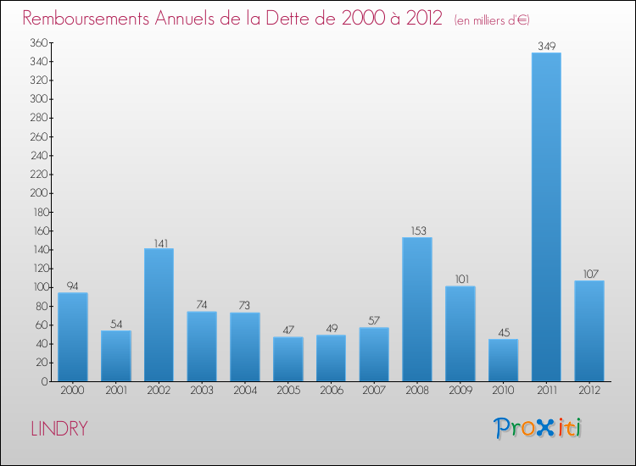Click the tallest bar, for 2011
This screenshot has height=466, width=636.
pyautogui.click(x=546, y=217)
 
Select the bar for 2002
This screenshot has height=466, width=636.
pyautogui.click(x=159, y=314)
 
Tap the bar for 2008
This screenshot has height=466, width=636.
pyautogui.click(x=416, y=309)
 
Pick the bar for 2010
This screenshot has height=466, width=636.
pyautogui.click(x=503, y=360)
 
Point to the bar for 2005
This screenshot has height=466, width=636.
pyautogui.click(x=287, y=359)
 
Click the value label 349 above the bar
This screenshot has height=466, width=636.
pyautogui.click(x=546, y=46)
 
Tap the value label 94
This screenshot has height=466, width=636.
pyautogui.click(x=73, y=286)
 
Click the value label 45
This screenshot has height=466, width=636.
pyautogui.click(x=503, y=332)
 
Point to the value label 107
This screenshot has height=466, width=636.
pyautogui.click(x=589, y=274)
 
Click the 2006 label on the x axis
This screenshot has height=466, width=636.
pyautogui.click(x=331, y=391)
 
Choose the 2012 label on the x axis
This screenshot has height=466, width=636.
pyautogui.click(x=589, y=391)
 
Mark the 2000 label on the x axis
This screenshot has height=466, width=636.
pyautogui.click(x=73, y=391)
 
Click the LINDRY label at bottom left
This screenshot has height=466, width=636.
pyautogui.click(x=59, y=429)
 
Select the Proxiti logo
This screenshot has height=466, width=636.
pyautogui.click(x=538, y=428)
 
